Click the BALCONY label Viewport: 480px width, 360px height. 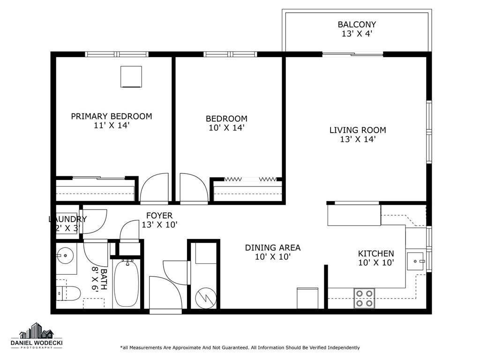[x=357, y=24]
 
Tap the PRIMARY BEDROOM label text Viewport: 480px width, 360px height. [x=112, y=116]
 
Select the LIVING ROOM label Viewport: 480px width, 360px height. [x=358, y=130]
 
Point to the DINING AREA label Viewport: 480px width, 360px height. [x=273, y=247]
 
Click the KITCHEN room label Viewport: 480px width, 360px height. [x=376, y=254]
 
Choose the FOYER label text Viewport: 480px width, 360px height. [x=159, y=216]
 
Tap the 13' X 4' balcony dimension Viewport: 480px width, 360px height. [x=357, y=34]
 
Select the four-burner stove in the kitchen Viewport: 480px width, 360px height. [x=364, y=298]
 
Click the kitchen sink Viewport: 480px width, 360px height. [x=415, y=261]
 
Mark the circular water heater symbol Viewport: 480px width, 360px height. [x=206, y=298]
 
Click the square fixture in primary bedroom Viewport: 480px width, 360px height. [x=131, y=77]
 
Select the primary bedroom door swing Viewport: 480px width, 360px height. [x=154, y=187]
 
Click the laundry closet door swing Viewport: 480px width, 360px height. [x=95, y=221]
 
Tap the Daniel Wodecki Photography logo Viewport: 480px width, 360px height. [x=37, y=336]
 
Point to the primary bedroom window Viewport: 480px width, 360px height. [x=117, y=54]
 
